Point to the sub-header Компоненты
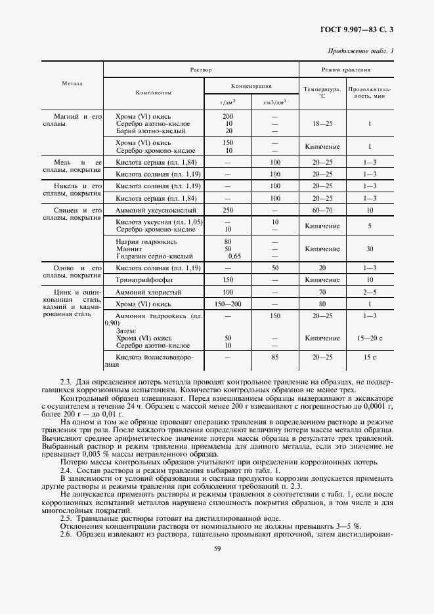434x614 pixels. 154,92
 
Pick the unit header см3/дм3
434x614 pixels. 275,102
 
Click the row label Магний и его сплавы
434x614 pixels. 76,120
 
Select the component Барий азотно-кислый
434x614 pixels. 144,131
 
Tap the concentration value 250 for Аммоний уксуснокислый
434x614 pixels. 228,210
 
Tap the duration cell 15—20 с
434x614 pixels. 370,338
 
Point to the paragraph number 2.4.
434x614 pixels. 66,472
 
